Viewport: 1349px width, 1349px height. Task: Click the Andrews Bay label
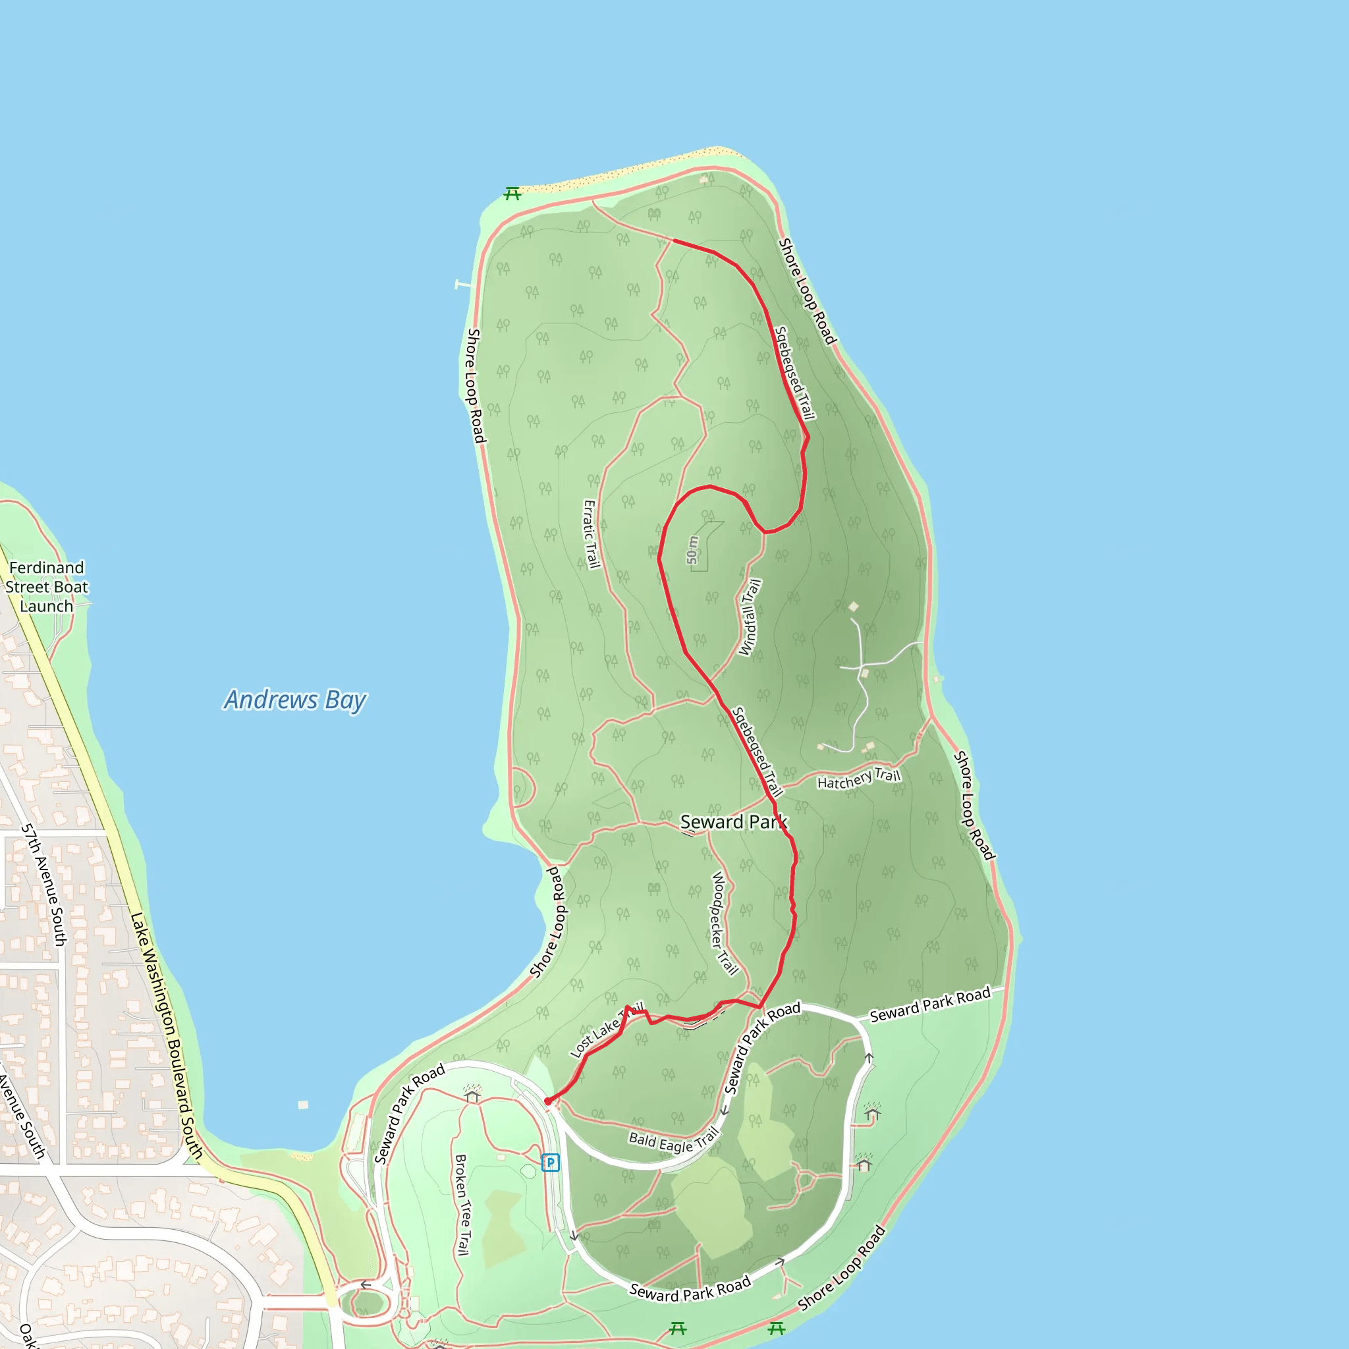(294, 700)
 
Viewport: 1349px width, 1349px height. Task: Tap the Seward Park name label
(733, 823)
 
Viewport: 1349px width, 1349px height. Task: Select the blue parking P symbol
(551, 1163)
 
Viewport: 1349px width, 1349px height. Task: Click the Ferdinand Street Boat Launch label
(47, 586)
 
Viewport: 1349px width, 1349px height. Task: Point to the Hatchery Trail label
(859, 779)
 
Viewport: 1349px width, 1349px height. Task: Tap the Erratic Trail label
(592, 534)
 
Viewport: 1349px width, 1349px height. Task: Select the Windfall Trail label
(750, 617)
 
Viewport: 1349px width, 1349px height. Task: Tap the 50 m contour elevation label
(692, 550)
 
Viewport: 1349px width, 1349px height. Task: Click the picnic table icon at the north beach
(512, 194)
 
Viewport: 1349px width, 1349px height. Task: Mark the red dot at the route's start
(548, 1102)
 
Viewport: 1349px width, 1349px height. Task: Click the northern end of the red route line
(674, 240)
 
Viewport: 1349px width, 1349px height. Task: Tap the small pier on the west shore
(462, 284)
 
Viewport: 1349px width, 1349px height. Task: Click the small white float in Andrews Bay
(302, 1105)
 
